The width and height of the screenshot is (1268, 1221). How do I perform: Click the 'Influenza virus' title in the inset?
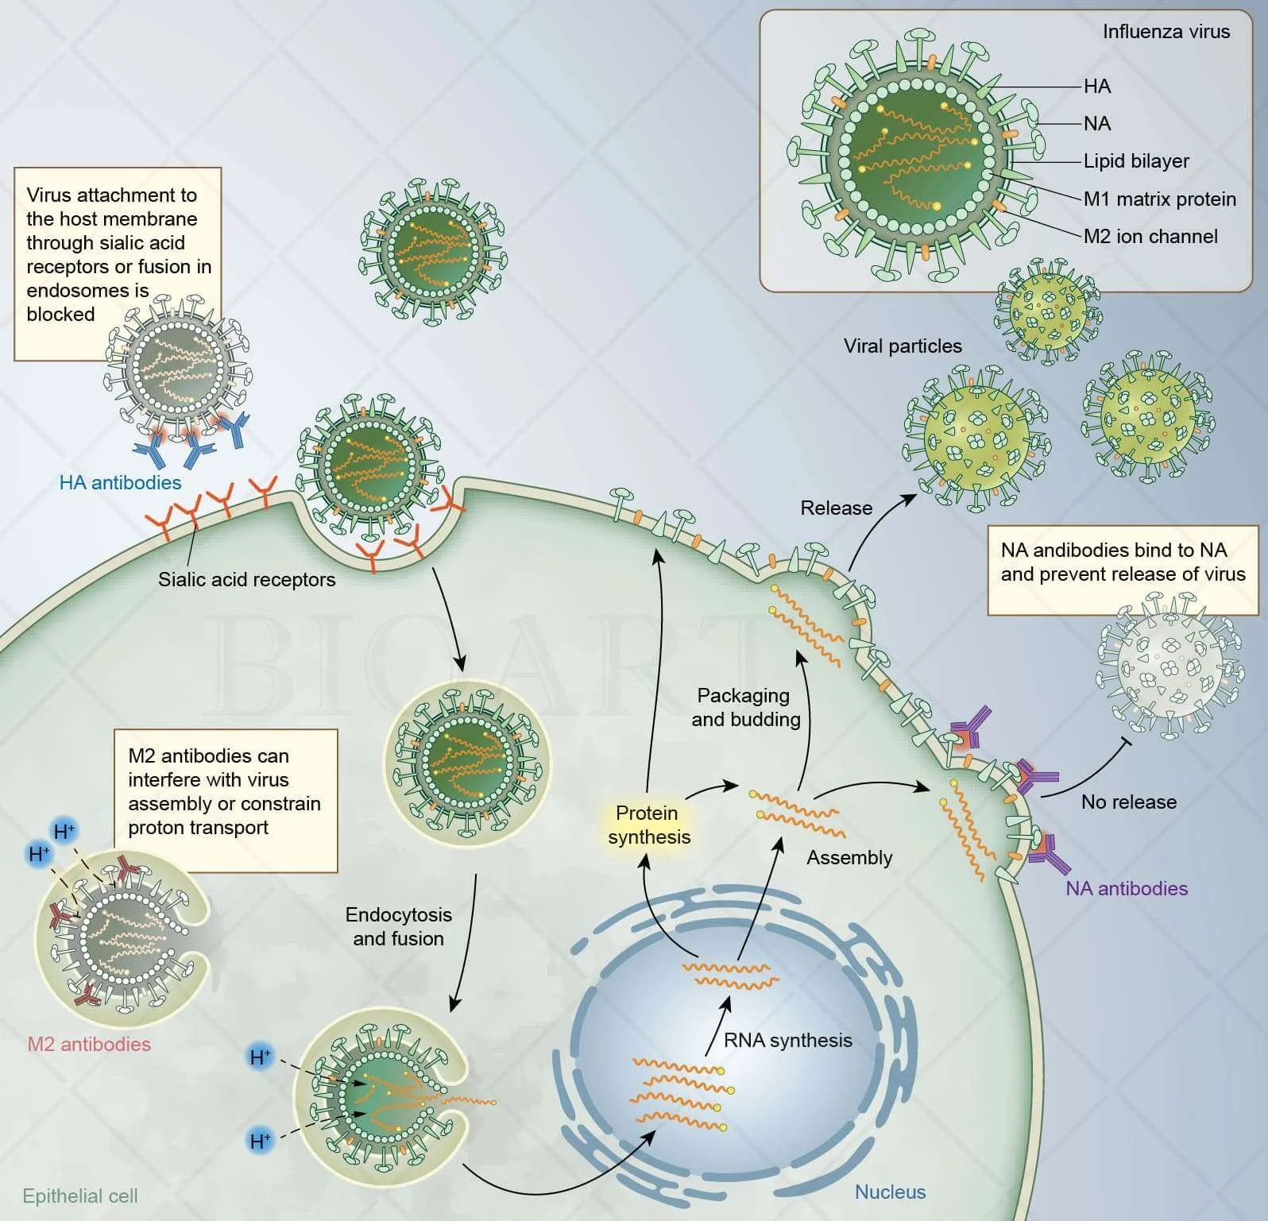pyautogui.click(x=1166, y=32)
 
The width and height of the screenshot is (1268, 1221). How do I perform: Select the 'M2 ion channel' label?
pyautogui.click(x=1150, y=236)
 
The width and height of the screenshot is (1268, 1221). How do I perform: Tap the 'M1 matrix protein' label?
pyautogui.click(x=1159, y=199)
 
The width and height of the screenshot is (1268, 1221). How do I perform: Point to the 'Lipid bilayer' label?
pyautogui.click(x=1136, y=161)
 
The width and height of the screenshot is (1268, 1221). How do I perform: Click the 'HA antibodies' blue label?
pyautogui.click(x=120, y=482)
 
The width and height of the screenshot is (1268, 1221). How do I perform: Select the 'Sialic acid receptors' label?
pyautogui.click(x=246, y=579)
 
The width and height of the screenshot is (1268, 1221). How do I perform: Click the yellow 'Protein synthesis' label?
pyautogui.click(x=649, y=825)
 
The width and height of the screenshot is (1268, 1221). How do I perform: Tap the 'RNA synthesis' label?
pyautogui.click(x=787, y=1040)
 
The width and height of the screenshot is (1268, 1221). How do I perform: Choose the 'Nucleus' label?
pyautogui.click(x=890, y=1192)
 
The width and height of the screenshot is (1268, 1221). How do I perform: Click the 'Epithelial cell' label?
pyautogui.click(x=79, y=1196)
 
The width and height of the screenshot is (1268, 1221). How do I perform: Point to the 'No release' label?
pyautogui.click(x=1128, y=802)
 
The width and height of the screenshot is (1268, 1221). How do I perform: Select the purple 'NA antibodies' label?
pyautogui.click(x=1127, y=888)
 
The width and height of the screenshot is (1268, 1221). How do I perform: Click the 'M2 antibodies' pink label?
pyautogui.click(x=89, y=1044)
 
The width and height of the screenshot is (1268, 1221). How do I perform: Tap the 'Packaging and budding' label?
pyautogui.click(x=745, y=707)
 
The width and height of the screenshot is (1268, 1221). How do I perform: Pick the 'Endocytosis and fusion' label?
pyautogui.click(x=398, y=926)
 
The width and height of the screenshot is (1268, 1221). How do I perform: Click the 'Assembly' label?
pyautogui.click(x=849, y=857)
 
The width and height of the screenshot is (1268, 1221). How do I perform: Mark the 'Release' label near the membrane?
pyautogui.click(x=836, y=508)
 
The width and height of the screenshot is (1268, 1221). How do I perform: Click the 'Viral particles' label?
pyautogui.click(x=903, y=346)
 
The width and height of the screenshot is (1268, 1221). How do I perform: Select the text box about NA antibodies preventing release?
pyautogui.click(x=1123, y=562)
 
